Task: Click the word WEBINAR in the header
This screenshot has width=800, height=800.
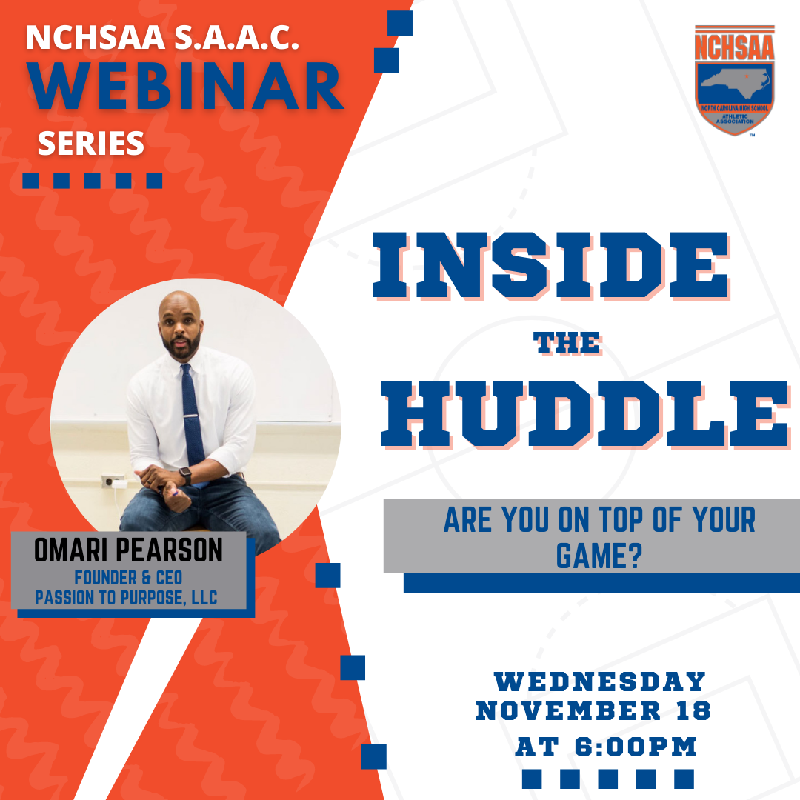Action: click(x=184, y=86)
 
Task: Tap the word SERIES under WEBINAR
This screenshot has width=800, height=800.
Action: click(x=91, y=144)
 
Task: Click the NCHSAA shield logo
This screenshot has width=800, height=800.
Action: click(x=734, y=79)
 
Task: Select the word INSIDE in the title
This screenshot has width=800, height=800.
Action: click(x=550, y=264)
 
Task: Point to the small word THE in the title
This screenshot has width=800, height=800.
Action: click(x=567, y=343)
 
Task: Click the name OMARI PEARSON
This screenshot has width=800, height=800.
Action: click(x=128, y=550)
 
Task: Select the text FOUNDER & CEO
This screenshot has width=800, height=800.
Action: click(x=128, y=578)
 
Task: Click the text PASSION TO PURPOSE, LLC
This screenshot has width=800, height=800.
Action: click(x=126, y=598)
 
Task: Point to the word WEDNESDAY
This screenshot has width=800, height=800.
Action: click(x=599, y=681)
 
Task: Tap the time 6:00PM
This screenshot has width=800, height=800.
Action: click(x=636, y=747)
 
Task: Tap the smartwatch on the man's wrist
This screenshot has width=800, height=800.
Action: click(x=185, y=476)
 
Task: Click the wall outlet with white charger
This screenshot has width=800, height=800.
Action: click(x=114, y=481)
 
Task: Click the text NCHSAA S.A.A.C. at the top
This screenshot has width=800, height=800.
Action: click(x=162, y=37)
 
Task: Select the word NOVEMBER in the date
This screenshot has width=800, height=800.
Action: click(x=568, y=710)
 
